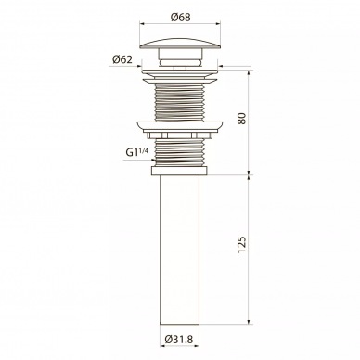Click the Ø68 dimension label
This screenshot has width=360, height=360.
180,18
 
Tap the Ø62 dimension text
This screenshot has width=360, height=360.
122,59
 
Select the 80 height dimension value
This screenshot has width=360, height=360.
242,119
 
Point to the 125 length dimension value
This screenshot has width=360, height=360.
242,245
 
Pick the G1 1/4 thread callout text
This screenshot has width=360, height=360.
137,152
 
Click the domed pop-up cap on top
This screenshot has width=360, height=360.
180,43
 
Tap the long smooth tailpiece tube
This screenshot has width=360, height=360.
180,250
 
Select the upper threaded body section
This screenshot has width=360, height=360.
180,101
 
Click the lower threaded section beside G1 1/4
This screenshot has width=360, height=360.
180,152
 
